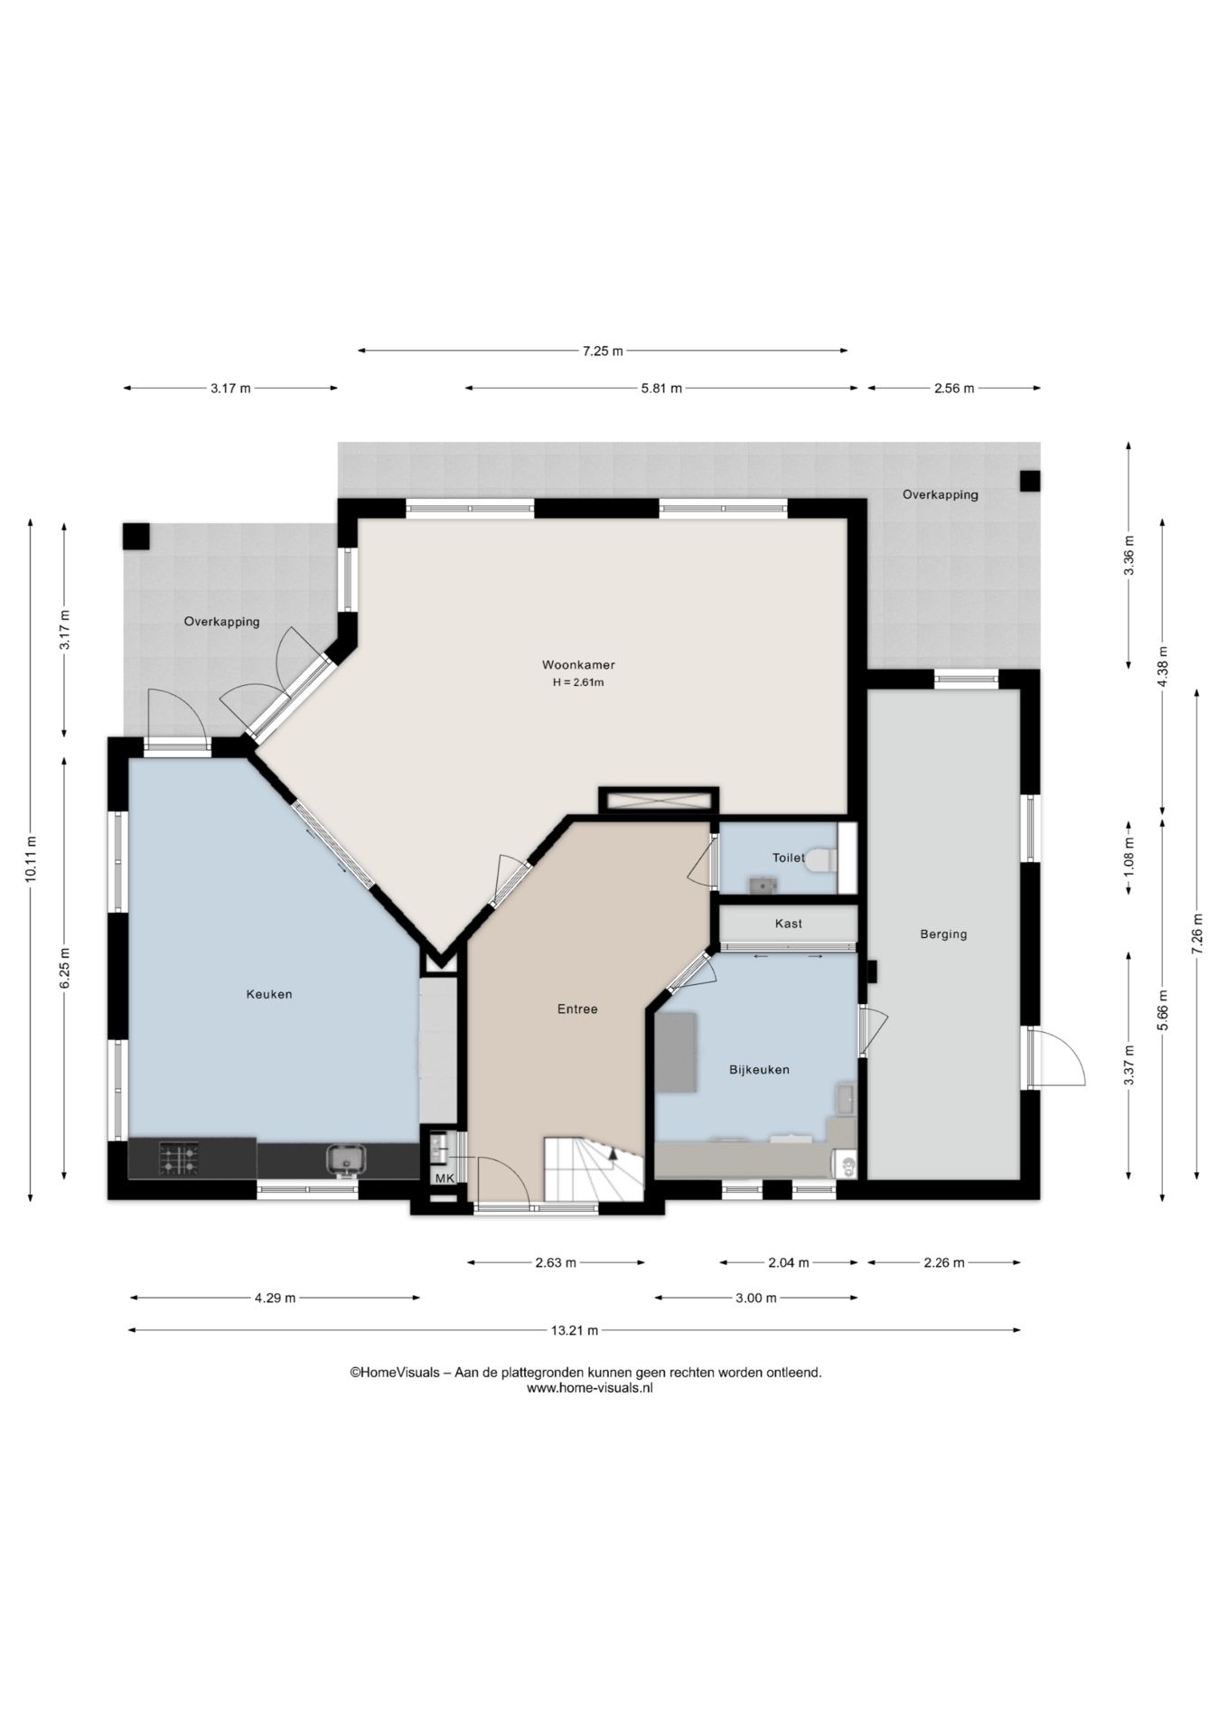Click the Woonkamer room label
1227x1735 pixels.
(578, 665)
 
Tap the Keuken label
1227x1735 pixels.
(269, 994)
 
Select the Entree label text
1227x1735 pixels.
(577, 1009)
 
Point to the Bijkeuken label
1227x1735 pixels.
(759, 1070)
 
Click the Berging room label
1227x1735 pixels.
(943, 934)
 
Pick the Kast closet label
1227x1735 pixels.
(788, 924)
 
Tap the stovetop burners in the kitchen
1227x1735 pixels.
(179, 1159)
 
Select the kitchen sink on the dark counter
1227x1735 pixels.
(346, 1158)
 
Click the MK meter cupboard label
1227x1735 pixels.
(445, 1178)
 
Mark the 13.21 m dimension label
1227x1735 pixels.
(575, 1330)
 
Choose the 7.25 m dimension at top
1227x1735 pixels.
(603, 351)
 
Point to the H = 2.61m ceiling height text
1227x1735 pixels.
(578, 682)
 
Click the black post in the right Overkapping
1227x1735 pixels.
(1030, 481)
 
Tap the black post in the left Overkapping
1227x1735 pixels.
(136, 537)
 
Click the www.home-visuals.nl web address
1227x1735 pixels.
(589, 1388)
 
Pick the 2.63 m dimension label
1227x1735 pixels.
(556, 1262)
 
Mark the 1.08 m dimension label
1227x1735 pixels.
(1129, 858)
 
